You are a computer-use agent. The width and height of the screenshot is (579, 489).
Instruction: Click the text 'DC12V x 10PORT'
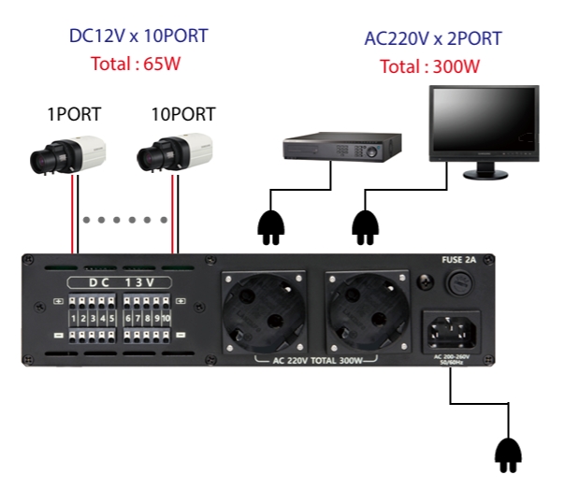coord(138,36)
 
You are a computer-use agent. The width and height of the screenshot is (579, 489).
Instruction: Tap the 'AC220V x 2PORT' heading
coord(433,38)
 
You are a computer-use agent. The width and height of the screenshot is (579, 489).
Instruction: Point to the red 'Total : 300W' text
coord(430,67)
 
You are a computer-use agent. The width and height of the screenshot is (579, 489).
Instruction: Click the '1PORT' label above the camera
coord(74,115)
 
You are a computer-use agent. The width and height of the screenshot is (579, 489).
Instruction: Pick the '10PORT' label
coord(183,115)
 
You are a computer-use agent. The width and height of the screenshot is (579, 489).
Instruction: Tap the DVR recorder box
coord(342,146)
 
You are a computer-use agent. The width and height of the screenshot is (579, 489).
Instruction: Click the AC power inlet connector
coord(453,329)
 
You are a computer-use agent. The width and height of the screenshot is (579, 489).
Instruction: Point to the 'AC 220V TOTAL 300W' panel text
coord(316,360)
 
